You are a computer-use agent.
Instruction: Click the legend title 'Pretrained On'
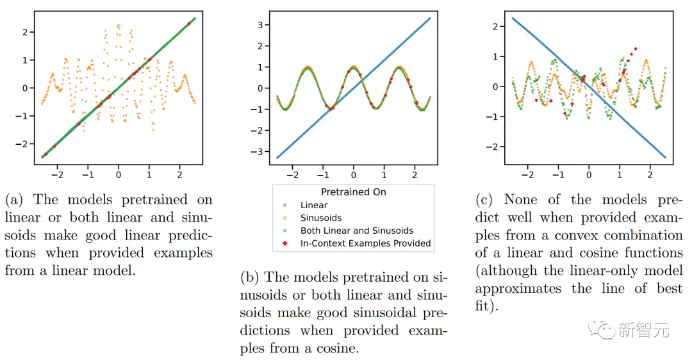tap(353, 192)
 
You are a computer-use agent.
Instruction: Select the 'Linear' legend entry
tap(314, 205)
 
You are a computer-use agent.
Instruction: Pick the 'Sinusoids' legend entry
tap(320, 218)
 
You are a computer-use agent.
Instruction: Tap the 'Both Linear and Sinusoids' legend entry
tap(357, 231)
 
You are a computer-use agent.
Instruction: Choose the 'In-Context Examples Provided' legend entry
tap(365, 243)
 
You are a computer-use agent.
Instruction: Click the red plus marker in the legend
tap(286, 243)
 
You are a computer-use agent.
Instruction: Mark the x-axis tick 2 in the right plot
tap(650, 174)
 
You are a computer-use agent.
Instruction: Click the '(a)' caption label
tap(13, 200)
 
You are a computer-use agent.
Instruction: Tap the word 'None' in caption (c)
tap(522, 200)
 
